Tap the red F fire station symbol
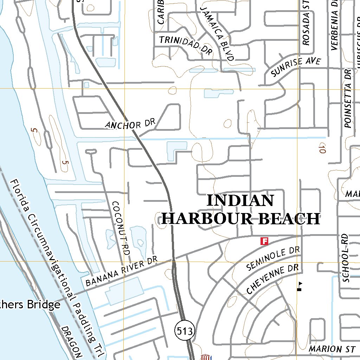coord(264,241)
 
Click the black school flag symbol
coord(300,286)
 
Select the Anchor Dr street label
coord(130,124)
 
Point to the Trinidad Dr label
coord(186,45)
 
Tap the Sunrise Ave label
coord(296,66)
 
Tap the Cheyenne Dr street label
coord(272,279)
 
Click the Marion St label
coord(332,349)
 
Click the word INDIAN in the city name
coord(240,201)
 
